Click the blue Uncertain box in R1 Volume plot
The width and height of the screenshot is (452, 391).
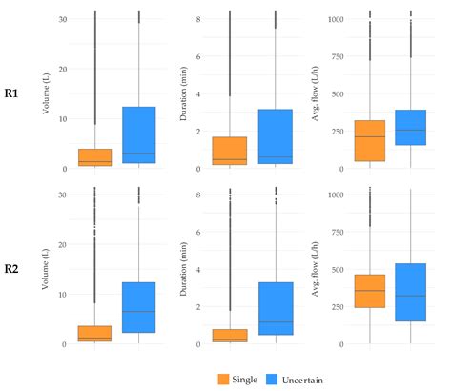(x=139, y=135)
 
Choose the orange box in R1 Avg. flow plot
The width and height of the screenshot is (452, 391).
(x=369, y=140)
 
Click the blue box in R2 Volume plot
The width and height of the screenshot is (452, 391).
(x=139, y=307)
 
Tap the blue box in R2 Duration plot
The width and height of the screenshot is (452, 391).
(x=275, y=309)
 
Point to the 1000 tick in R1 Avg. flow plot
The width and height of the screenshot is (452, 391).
(x=336, y=18)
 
